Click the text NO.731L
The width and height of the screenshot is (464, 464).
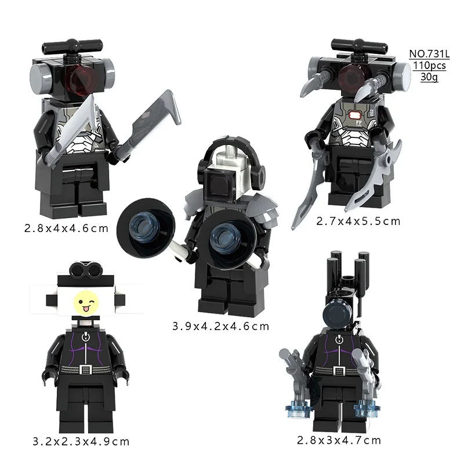pos(427,54)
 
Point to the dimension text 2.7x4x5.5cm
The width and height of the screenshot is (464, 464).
pos(358,220)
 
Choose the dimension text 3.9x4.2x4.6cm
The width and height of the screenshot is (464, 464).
pos(221,326)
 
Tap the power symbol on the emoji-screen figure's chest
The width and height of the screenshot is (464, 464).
pos(86,337)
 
